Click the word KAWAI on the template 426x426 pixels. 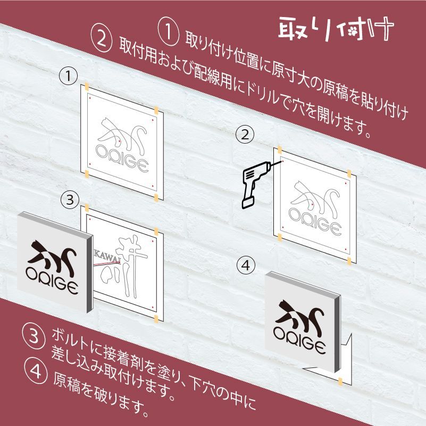pos(107,255)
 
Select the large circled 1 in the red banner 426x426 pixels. pos(169,32)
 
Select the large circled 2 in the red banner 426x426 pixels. pos(102,41)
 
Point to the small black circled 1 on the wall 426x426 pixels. pos(68,77)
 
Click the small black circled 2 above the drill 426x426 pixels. pos(245,135)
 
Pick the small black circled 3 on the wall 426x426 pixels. pos(70,199)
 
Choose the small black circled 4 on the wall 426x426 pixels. pos(246,265)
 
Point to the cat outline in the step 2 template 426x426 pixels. pos(315,196)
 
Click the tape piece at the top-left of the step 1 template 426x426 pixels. pos(87,86)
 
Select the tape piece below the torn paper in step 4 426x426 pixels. pos(340,381)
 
